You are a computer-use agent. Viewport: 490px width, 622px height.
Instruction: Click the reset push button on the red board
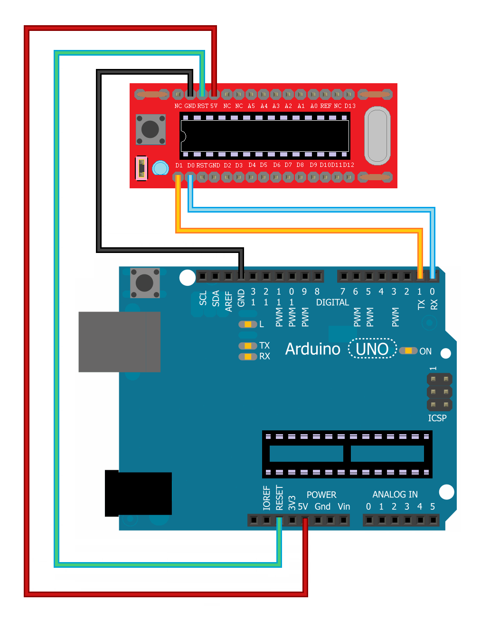pyautogui.click(x=151, y=129)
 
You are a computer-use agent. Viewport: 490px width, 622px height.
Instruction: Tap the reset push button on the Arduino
pyautogui.click(x=145, y=282)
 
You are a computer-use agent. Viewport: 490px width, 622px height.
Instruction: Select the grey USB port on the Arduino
pyautogui.click(x=120, y=342)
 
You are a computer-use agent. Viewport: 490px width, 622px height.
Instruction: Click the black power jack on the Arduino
pyautogui.click(x=138, y=494)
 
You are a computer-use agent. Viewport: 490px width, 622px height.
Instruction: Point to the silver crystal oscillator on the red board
pyautogui.click(x=377, y=136)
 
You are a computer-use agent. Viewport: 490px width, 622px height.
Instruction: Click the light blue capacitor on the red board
pyautogui.click(x=160, y=168)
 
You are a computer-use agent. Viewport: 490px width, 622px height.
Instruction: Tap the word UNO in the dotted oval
pyautogui.click(x=372, y=349)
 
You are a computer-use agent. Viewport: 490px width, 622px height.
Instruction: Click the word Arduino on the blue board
pyautogui.click(x=312, y=349)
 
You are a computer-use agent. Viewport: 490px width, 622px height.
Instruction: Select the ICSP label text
pyautogui.click(x=437, y=418)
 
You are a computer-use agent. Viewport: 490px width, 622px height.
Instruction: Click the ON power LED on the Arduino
pyautogui.click(x=408, y=350)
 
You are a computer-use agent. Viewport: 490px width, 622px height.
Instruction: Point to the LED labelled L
pyautogui.click(x=247, y=324)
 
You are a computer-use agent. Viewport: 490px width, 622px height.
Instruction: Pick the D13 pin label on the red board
pyautogui.click(x=350, y=106)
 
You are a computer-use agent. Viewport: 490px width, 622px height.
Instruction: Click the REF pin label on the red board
pyautogui.click(x=326, y=106)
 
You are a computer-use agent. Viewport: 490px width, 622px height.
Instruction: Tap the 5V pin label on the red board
pyautogui.click(x=214, y=106)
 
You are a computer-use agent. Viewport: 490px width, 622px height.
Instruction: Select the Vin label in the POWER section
pyautogui.click(x=344, y=506)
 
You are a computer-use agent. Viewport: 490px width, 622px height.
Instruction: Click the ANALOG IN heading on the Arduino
pyautogui.click(x=395, y=495)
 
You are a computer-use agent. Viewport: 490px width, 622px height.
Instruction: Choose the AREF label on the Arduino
pyautogui.click(x=228, y=301)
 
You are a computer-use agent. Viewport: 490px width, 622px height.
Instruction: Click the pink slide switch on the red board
pyautogui.click(x=141, y=168)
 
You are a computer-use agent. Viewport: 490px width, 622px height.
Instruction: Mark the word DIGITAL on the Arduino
pyautogui.click(x=332, y=302)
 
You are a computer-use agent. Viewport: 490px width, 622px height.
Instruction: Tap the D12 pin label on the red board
pyautogui.click(x=349, y=165)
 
